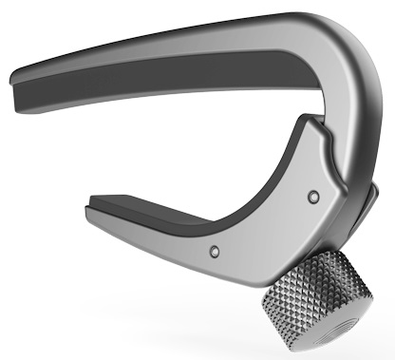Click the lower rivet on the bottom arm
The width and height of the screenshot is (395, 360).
pyautogui.click(x=214, y=251)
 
